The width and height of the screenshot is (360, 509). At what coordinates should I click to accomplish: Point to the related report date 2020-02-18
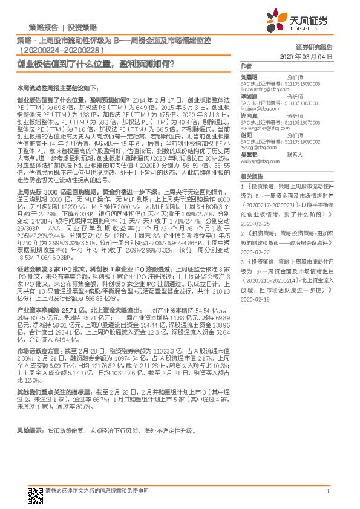[x=254, y=298]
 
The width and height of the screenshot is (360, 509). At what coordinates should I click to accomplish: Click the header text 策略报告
[x=43, y=27]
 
